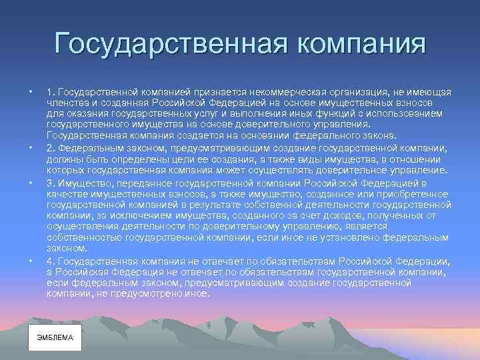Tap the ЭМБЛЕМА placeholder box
coord(55,338)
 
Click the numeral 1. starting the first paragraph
coord(51,91)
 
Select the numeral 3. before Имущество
coord(51,183)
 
